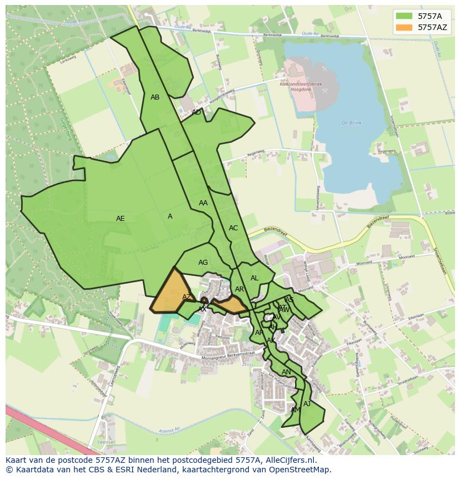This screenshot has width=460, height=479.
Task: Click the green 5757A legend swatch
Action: pyautogui.click(x=404, y=16)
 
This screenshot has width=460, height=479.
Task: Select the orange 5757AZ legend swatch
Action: pyautogui.click(x=404, y=27)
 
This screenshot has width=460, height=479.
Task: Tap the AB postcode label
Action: pyautogui.click(x=155, y=97)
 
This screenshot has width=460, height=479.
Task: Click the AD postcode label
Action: pyautogui.click(x=196, y=112)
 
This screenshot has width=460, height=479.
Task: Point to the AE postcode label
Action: pyautogui.click(x=121, y=219)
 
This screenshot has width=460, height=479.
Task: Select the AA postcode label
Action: pyautogui.click(x=203, y=203)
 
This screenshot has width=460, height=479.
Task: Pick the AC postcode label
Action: pyautogui.click(x=233, y=228)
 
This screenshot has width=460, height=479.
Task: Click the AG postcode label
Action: pyautogui.click(x=203, y=263)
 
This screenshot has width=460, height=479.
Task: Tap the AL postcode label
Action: pyautogui.click(x=254, y=278)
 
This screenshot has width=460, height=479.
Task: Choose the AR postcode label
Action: pyautogui.click(x=239, y=289)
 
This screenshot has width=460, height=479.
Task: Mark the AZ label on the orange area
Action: pyautogui.click(x=187, y=297)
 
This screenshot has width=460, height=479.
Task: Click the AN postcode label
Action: pyautogui.click(x=286, y=372)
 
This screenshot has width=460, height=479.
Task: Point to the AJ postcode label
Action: pyautogui.click(x=307, y=404)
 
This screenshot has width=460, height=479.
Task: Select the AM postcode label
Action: pyautogui.click(x=296, y=410)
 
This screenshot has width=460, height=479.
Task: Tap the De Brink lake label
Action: pyautogui.click(x=352, y=123)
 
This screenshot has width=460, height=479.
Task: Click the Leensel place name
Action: pyautogui.click(x=106, y=442)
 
